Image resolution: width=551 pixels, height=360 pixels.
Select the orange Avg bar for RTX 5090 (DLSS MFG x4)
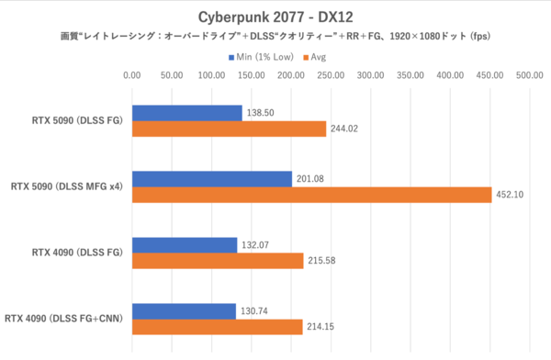click(x=311, y=195)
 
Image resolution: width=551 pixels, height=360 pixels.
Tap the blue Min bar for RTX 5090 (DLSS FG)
click(x=186, y=113)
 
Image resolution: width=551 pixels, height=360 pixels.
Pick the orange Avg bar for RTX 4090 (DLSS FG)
click(x=218, y=261)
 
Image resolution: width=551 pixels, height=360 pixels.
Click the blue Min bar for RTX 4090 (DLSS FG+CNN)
click(x=184, y=311)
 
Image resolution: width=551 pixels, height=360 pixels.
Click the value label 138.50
click(x=262, y=113)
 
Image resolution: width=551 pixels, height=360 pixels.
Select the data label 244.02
click(x=345, y=129)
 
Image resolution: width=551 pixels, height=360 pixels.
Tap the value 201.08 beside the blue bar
click(x=311, y=178)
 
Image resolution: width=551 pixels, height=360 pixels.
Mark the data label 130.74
click(x=255, y=311)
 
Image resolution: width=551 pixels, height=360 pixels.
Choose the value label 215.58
click(x=322, y=262)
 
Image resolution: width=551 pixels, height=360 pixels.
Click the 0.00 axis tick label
click(x=132, y=76)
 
